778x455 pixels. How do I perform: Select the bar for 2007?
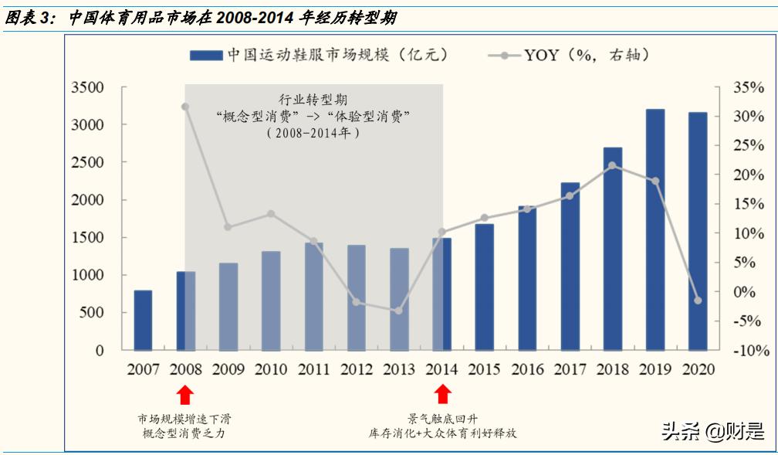tap(143, 320)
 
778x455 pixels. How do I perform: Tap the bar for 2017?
tap(570, 266)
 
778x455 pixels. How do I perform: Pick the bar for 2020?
tap(698, 231)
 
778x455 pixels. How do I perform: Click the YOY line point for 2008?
tap(185, 107)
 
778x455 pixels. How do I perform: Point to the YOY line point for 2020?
tap(698, 301)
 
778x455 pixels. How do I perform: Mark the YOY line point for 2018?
tap(613, 165)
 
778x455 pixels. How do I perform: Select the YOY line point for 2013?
tap(399, 311)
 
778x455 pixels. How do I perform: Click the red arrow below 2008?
tap(185, 395)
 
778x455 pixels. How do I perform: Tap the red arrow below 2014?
tap(442, 395)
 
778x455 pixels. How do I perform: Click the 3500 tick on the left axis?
tap(86, 87)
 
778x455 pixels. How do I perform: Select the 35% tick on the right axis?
tap(748, 87)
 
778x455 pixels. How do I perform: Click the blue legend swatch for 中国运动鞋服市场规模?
tap(205, 56)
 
